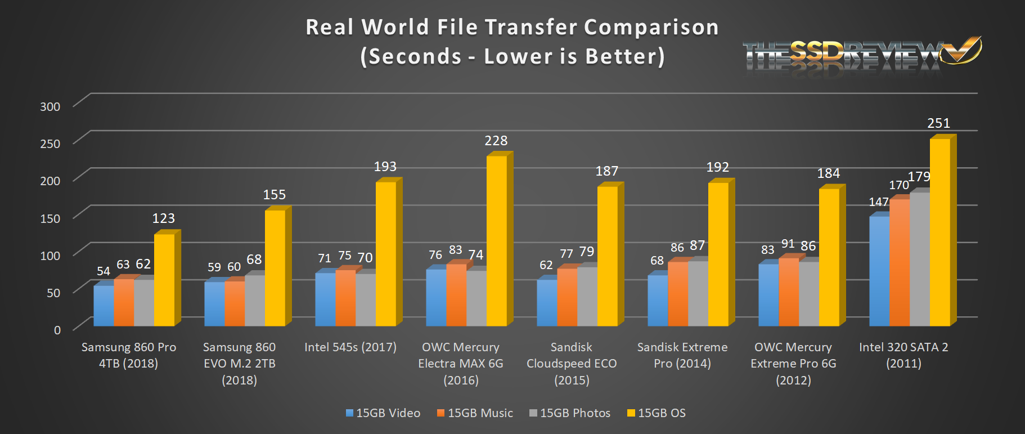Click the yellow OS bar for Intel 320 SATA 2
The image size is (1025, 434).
(939, 232)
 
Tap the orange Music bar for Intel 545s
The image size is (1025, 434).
(345, 298)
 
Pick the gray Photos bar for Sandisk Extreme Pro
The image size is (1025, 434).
(698, 293)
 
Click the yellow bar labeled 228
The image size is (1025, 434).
(496, 241)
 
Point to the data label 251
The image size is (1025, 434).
(938, 123)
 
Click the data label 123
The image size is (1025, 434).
(163, 218)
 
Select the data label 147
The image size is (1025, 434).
(878, 202)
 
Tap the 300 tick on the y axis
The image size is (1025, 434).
(50, 106)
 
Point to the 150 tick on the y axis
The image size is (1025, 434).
(50, 218)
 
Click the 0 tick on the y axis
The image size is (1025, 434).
(57, 330)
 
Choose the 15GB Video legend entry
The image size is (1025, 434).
(383, 413)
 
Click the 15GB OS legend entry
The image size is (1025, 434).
(657, 413)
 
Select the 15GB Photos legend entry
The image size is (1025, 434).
(570, 413)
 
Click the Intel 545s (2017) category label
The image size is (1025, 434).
(350, 347)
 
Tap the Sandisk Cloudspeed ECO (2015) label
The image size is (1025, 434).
(572, 364)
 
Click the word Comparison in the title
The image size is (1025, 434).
(651, 27)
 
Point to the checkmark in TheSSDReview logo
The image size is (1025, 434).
(964, 51)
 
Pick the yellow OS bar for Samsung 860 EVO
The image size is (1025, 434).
(275, 268)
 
